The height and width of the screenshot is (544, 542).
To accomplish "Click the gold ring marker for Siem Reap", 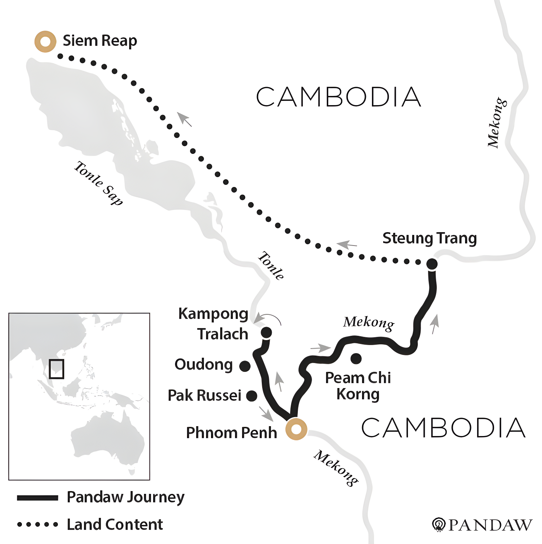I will tap(45, 42).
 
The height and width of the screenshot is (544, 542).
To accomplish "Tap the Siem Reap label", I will tap(100, 41).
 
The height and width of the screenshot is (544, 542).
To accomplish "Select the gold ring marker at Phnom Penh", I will tap(296, 429).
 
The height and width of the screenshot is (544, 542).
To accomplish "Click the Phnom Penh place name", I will tap(231, 433).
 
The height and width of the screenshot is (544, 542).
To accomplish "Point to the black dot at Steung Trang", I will tap(432, 264).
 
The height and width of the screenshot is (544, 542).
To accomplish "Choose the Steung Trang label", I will tap(429, 238).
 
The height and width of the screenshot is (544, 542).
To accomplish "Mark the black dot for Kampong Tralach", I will tap(266, 332).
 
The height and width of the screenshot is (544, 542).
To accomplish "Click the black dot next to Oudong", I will tap(245, 366).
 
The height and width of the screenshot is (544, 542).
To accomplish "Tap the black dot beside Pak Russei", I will tap(251, 396).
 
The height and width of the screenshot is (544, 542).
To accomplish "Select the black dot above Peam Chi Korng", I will tap(356, 358).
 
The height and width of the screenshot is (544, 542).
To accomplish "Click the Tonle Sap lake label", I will tap(98, 183).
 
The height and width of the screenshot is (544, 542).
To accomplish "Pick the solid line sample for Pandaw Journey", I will tap(37, 498).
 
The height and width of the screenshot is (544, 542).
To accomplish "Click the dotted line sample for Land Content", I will tap(37, 525).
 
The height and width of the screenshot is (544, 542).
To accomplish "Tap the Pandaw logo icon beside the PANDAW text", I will tap(439, 524).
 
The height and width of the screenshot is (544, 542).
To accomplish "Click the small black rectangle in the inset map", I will tap(56, 369).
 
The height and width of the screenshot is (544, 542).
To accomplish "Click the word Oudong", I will tap(204, 364).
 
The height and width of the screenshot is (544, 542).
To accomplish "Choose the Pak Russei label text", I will tap(204, 395).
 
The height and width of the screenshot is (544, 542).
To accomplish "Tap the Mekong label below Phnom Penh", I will tap(336, 468).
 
